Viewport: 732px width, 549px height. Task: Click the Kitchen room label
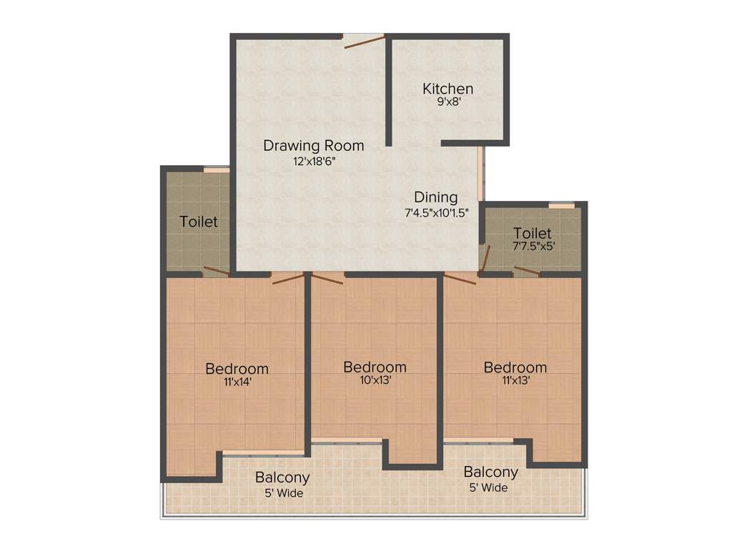(447, 89)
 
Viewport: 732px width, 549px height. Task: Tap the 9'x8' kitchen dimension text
(447, 103)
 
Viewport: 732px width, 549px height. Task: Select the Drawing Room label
(313, 146)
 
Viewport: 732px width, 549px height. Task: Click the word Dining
(436, 197)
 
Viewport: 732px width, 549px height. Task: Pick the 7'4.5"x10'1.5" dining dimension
(436, 212)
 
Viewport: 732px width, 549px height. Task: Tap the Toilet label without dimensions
(199, 222)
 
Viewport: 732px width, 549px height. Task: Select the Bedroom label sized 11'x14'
(237, 369)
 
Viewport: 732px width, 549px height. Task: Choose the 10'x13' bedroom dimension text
(375, 380)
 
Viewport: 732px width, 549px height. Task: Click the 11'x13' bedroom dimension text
(515, 380)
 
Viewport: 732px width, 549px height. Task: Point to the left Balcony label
(282, 478)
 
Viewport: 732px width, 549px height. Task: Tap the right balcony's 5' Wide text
(489, 488)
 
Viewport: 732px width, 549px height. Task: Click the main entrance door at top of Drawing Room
(363, 41)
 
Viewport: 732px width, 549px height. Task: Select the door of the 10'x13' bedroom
(327, 277)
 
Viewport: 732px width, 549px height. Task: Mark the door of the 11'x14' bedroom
(287, 278)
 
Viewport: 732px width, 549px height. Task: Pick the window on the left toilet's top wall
(216, 169)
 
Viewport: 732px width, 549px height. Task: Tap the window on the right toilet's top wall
(561, 206)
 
